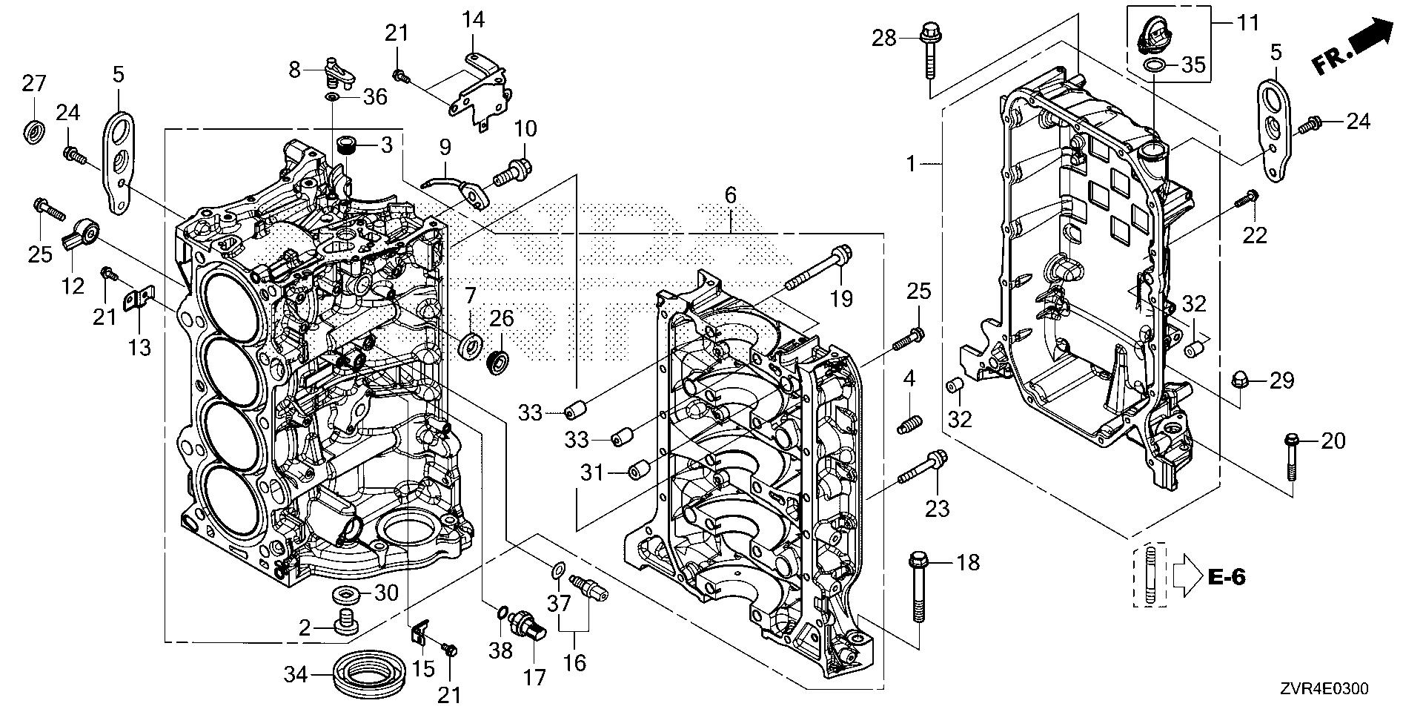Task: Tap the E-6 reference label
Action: (1226, 577)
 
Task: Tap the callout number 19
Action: (841, 300)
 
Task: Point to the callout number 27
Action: (33, 85)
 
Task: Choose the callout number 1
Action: (911, 164)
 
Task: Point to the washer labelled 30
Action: (346, 593)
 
